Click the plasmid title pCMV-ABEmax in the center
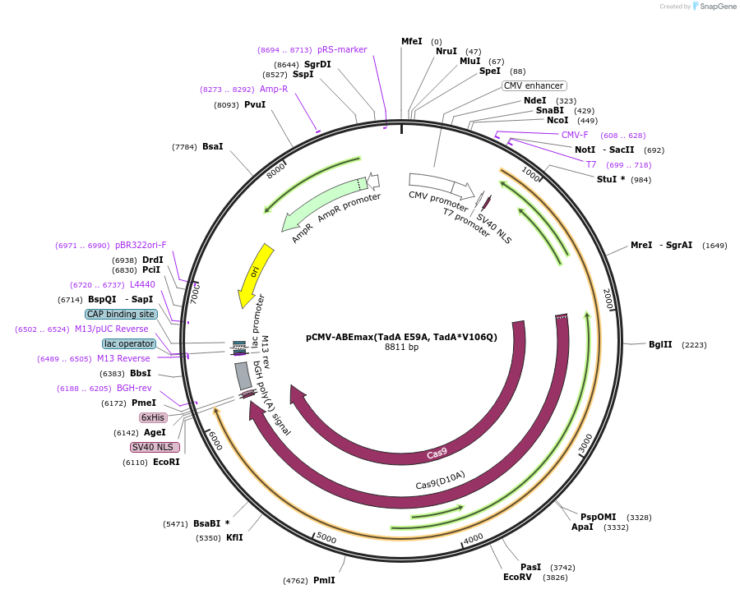pyautogui.click(x=401, y=337)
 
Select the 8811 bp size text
pyautogui.click(x=401, y=348)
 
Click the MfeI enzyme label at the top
pyautogui.click(x=411, y=41)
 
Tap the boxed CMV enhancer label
pyautogui.click(x=534, y=85)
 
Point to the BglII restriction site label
pyautogui.click(x=660, y=345)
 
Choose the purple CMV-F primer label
pyautogui.click(x=575, y=135)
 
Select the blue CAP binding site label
pyautogui.click(x=120, y=314)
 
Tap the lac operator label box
pyautogui.click(x=129, y=343)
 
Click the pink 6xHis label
pyautogui.click(x=153, y=417)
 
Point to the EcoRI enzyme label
pyautogui.click(x=166, y=462)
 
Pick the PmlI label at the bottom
pyautogui.click(x=324, y=580)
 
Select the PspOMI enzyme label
pyautogui.click(x=598, y=517)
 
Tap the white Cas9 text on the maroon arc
pyautogui.click(x=437, y=454)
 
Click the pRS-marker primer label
pyautogui.click(x=342, y=49)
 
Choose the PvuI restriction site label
pyautogui.click(x=255, y=104)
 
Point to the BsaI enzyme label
pyautogui.click(x=212, y=146)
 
